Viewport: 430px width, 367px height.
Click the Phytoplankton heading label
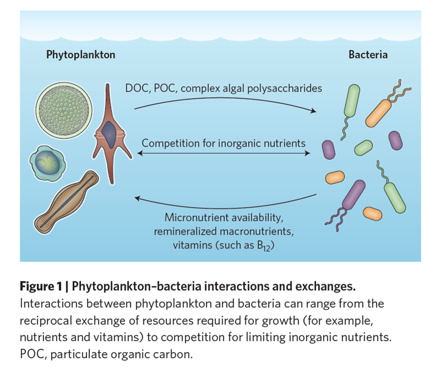[x=81, y=55]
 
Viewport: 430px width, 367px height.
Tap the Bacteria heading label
[x=368, y=55]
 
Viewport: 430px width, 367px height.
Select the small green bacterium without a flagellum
[x=364, y=147]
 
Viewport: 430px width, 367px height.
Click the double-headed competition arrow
[x=224, y=154]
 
